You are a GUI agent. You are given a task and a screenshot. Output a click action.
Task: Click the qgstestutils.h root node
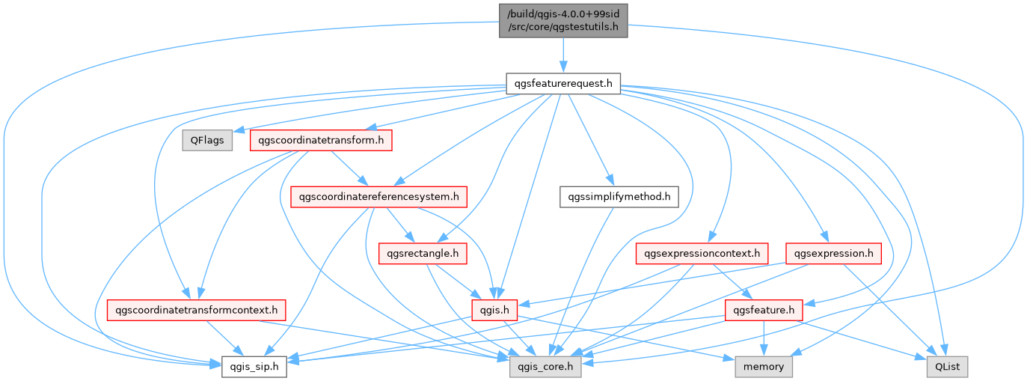pos(563,20)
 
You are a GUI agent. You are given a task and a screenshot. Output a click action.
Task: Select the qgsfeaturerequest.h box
pos(563,83)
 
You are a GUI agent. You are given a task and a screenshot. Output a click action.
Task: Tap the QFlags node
pos(207,140)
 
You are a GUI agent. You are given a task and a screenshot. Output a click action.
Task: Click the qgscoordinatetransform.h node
pos(322,140)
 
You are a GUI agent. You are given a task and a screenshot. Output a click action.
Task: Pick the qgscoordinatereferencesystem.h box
pos(378,197)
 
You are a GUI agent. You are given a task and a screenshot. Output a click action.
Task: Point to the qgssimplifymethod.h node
pos(619,197)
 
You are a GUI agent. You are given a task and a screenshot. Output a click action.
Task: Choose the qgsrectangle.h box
pos(423,254)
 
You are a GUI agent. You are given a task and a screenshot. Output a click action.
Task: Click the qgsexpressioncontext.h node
pos(702,254)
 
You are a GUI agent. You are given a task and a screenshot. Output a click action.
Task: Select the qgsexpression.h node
pos(833,254)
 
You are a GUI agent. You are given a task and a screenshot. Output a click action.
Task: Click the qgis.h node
pos(494,309)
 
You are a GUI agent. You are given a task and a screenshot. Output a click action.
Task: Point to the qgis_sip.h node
pos(254,366)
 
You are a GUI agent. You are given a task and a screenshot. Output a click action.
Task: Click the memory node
pos(764,366)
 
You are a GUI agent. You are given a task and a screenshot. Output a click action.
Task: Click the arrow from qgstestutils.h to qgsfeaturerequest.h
pos(563,54)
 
